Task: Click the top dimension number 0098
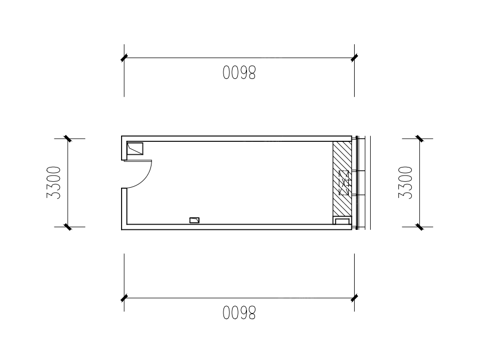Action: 239,73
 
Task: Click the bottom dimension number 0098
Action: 239,313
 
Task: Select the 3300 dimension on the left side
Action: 54,183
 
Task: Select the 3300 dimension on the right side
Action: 406,183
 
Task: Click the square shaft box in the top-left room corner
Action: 135,149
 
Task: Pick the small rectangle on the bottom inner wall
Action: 194,220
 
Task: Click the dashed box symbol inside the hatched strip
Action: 344,183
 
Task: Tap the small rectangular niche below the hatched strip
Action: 342,220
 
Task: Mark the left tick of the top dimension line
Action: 124,58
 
